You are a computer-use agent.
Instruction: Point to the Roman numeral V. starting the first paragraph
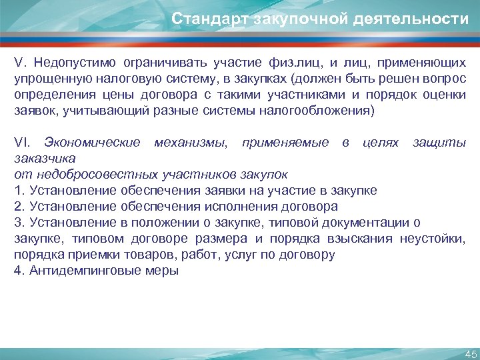point(19,63)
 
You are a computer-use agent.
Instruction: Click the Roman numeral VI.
point(22,143)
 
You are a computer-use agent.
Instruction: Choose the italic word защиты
point(439,143)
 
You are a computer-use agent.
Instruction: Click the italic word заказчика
point(45,159)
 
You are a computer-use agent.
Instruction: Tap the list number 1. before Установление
point(18,191)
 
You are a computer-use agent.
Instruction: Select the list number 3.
point(18,223)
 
